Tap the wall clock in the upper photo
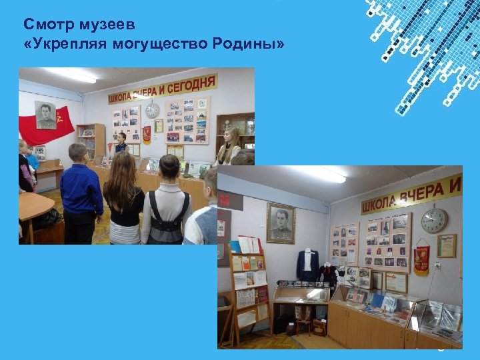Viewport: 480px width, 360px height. (x=153, y=111)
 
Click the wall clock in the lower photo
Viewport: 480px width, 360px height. (x=434, y=220)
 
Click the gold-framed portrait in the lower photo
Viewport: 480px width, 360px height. (x=281, y=223)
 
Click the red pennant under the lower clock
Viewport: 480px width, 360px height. (x=421, y=257)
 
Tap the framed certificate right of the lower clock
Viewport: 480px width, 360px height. (x=447, y=245)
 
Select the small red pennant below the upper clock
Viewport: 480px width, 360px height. (x=147, y=133)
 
